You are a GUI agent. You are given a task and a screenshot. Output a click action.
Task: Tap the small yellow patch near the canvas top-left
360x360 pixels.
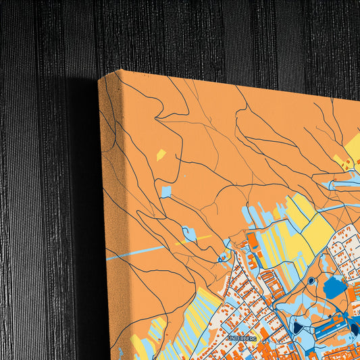click(x=161, y=155)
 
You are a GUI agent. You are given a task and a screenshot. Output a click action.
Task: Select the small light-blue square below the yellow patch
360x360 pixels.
click(x=165, y=192)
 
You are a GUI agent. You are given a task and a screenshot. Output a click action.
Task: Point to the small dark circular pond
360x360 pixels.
click(x=311, y=280)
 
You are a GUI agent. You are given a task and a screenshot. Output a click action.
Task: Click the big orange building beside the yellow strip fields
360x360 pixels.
click(x=252, y=240)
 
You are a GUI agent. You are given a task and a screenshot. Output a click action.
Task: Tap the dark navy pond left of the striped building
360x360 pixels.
click(x=298, y=329)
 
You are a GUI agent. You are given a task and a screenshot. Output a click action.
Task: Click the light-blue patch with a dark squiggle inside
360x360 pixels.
click(x=190, y=234)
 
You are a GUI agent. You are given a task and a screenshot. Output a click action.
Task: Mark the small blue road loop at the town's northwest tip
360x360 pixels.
click(x=224, y=257)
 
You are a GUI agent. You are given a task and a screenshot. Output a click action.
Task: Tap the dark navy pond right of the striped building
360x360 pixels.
click(x=353, y=330)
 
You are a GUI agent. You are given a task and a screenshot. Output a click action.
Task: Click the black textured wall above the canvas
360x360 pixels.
click(x=203, y=34)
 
